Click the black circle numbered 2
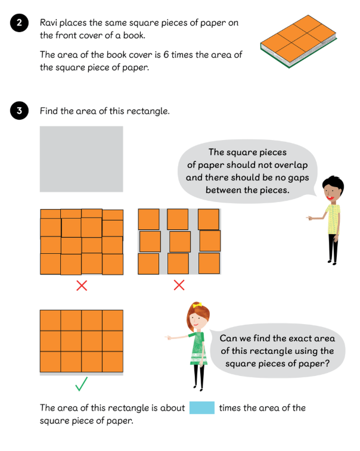[19, 23]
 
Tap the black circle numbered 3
[19, 110]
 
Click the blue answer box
[201, 408]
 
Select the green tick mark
[82, 384]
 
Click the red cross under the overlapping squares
[82, 285]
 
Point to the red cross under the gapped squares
[179, 285]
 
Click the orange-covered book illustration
[299, 41]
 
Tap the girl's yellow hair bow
[197, 305]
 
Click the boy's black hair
[334, 184]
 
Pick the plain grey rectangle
[82, 159]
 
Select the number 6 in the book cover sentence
[166, 54]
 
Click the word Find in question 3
[49, 111]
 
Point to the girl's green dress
[198, 348]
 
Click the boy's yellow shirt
[334, 219]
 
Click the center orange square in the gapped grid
[180, 242]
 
